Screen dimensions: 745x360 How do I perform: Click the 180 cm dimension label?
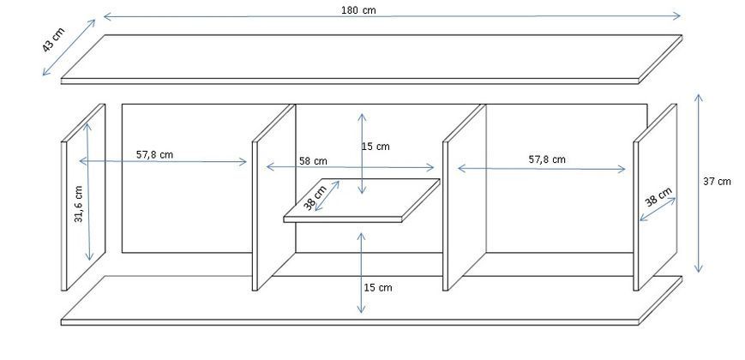click(x=358, y=10)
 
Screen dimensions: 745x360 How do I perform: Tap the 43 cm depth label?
click(x=53, y=40)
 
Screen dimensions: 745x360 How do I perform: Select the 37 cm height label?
click(x=717, y=181)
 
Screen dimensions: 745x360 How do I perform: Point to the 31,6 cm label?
click(x=78, y=204)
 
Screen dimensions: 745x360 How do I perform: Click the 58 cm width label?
click(x=313, y=161)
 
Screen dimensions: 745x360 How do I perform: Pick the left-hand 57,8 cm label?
click(x=155, y=154)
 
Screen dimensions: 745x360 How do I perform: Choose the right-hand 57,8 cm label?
click(x=547, y=159)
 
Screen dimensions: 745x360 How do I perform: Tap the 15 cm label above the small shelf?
click(x=376, y=147)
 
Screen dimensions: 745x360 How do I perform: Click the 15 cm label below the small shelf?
click(x=378, y=287)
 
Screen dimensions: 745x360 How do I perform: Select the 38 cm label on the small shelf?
click(x=315, y=198)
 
